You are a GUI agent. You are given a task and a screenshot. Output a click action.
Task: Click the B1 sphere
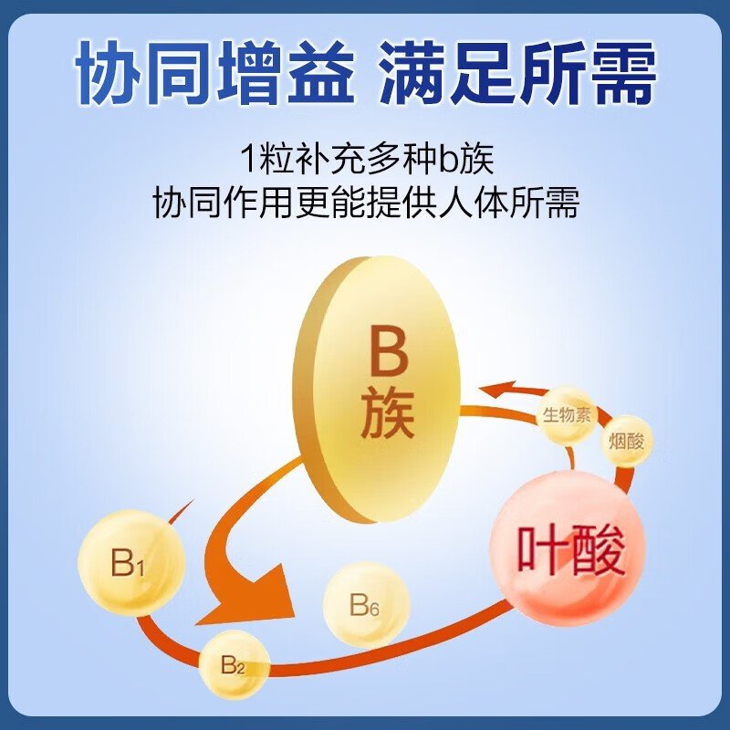[x=131, y=563]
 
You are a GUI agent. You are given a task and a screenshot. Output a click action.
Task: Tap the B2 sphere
[x=235, y=664]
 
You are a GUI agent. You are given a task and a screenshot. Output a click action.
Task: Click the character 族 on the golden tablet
[x=388, y=416]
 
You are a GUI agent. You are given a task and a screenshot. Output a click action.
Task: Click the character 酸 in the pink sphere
[x=601, y=551]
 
